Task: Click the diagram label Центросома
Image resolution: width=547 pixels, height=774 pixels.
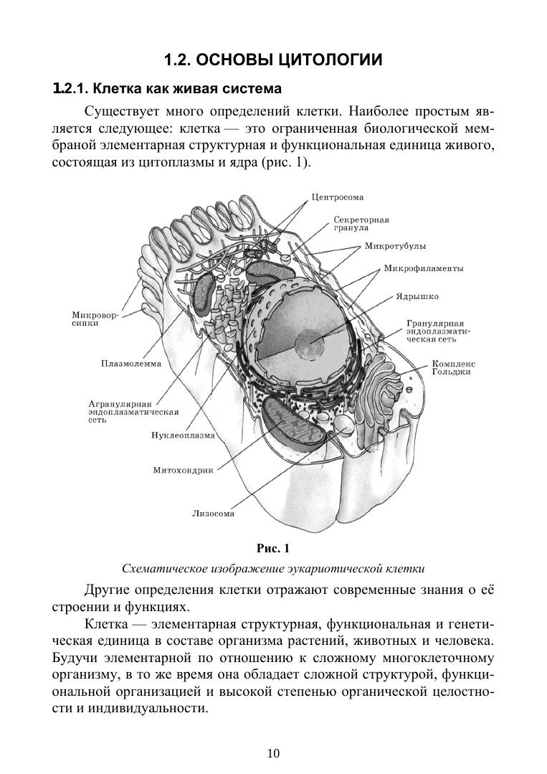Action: (338, 197)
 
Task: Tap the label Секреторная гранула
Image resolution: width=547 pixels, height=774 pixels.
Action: (361, 223)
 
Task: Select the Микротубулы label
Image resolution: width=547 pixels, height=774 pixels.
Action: (395, 246)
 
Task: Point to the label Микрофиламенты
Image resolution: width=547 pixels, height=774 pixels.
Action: (423, 269)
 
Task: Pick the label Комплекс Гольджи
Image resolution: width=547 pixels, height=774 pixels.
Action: (453, 367)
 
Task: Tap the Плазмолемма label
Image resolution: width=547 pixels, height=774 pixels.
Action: (131, 364)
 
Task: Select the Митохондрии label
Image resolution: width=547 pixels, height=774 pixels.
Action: (184, 471)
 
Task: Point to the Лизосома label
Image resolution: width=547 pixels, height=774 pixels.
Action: (213, 513)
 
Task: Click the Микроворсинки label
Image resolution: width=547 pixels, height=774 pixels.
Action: (95, 318)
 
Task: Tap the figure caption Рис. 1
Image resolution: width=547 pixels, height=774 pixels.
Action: (272, 549)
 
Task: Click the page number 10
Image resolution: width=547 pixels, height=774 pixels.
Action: (273, 752)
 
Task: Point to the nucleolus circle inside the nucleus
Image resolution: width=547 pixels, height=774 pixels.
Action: (311, 344)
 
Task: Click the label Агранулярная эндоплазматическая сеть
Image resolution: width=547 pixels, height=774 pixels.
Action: (133, 412)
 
